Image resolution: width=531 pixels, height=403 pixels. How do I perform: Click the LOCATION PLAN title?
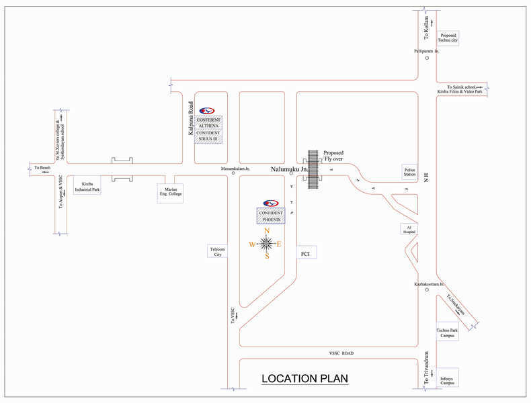point(304,379)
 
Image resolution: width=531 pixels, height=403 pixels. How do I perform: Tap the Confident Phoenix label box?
point(271,216)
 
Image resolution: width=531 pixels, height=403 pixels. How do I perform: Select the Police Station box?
point(410,172)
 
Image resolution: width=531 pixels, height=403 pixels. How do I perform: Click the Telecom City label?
point(218,251)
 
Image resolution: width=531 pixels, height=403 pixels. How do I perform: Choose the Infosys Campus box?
point(448,377)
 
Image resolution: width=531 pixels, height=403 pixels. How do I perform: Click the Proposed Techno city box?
point(448,38)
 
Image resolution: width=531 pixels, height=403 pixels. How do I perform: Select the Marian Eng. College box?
point(170,193)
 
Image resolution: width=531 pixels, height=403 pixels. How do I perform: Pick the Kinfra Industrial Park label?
point(87,186)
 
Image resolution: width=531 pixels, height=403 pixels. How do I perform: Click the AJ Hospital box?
point(409,229)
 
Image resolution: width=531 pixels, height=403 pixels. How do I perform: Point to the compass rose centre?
point(267,243)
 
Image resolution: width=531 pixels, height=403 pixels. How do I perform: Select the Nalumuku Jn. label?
point(290,170)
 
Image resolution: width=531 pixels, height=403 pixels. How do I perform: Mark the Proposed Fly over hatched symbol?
point(313,168)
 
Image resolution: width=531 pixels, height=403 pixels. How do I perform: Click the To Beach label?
point(42,167)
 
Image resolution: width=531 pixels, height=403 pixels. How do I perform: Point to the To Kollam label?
point(426,31)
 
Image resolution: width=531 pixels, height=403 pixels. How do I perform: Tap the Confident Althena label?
point(208,123)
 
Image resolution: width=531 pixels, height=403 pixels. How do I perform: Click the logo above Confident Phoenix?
point(271,203)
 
